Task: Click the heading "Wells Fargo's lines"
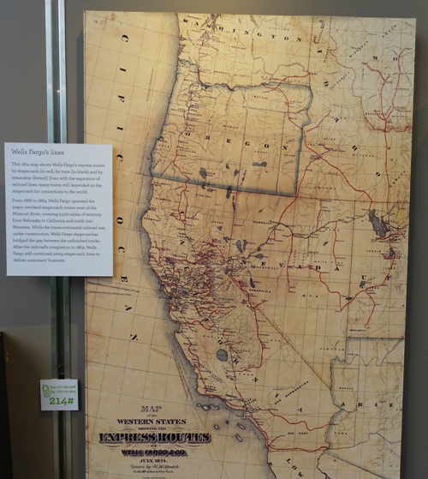(39, 151)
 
